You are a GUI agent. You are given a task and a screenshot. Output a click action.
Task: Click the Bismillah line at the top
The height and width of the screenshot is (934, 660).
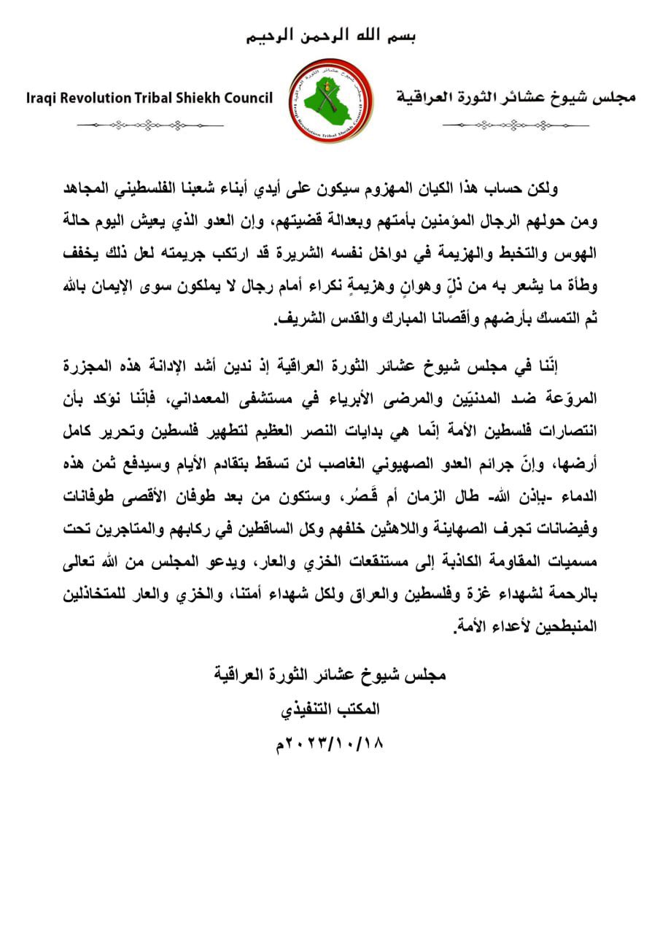(x=330, y=35)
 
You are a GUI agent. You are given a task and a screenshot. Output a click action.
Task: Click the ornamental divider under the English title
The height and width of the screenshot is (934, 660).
(x=150, y=125)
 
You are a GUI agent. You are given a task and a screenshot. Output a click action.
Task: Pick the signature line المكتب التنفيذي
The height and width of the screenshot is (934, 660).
(x=330, y=709)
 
